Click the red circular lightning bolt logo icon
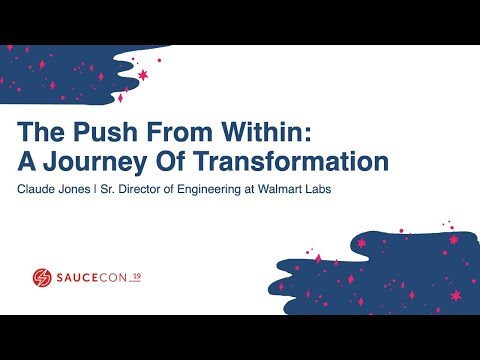coord(42,277)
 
